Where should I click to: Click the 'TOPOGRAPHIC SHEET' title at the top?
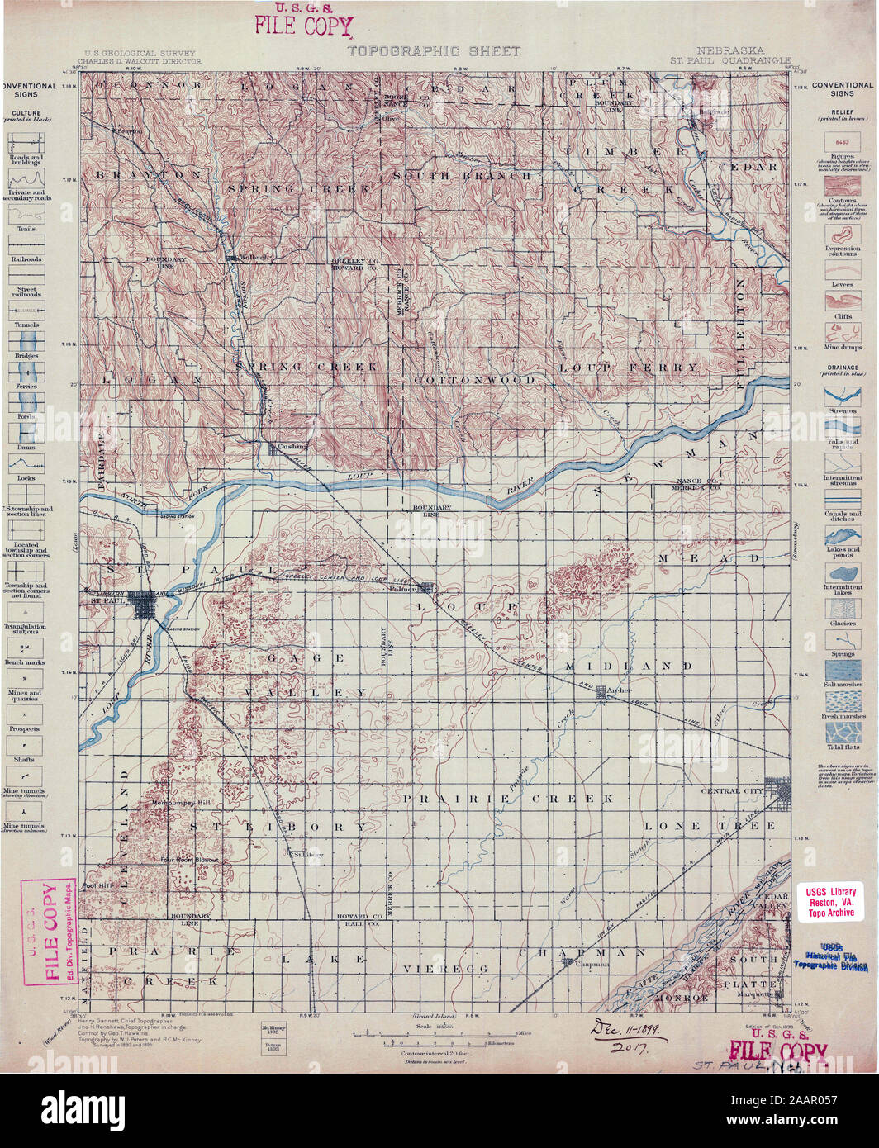click(x=434, y=51)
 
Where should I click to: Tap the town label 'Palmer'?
click(x=403, y=590)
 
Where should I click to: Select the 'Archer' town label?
click(x=618, y=689)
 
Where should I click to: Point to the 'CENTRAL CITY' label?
click(x=732, y=791)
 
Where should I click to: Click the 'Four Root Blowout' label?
click(x=191, y=860)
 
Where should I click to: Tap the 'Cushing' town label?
click(x=292, y=446)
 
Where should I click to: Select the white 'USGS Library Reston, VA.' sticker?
click(x=832, y=902)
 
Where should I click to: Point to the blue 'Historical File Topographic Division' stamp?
click(x=831, y=956)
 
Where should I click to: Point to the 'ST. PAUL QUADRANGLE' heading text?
click(x=730, y=60)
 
